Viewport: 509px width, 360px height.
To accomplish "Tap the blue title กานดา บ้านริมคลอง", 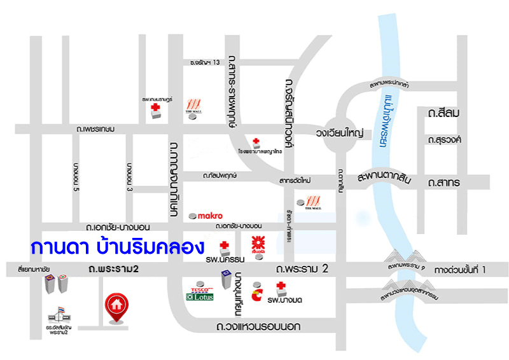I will pos(116,246).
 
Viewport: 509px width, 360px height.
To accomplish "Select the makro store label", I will pos(210,216).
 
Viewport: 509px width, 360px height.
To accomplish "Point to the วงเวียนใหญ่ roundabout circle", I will pos(338,133).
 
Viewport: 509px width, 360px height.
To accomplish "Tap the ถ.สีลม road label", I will pos(444,113).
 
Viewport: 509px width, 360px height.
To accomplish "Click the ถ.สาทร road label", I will pos(444,183).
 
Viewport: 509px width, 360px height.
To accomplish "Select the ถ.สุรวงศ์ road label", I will pos(445,139).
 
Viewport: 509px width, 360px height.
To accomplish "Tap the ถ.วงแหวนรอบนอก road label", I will pos(258,327).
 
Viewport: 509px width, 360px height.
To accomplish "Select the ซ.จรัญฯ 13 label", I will pos(205,62).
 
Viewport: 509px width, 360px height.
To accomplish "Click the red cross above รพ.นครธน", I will pos(224,246).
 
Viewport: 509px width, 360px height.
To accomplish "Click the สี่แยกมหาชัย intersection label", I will pos(34,270).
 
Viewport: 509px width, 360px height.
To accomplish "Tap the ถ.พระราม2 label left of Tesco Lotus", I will pos(114,270).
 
